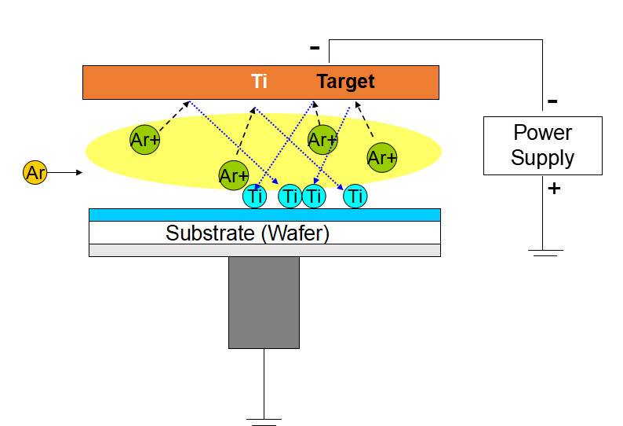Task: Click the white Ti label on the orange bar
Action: point(259,82)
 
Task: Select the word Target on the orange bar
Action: point(345,82)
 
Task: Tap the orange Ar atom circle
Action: point(35,172)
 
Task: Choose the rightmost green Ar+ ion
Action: point(382,157)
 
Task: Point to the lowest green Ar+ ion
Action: point(234,175)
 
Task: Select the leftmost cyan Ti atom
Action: point(255,196)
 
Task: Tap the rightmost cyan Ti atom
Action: point(356,196)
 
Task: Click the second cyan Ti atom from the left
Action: point(290,196)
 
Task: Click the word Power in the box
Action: point(542,133)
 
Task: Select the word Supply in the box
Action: point(542,158)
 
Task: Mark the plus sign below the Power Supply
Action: point(554,189)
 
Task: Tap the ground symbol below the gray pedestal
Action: point(265,421)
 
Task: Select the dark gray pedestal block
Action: point(264,302)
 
